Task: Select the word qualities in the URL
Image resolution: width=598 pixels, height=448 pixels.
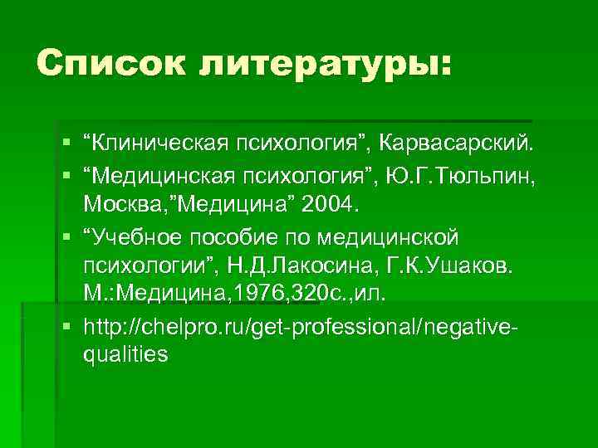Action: pyautogui.click(x=125, y=354)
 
